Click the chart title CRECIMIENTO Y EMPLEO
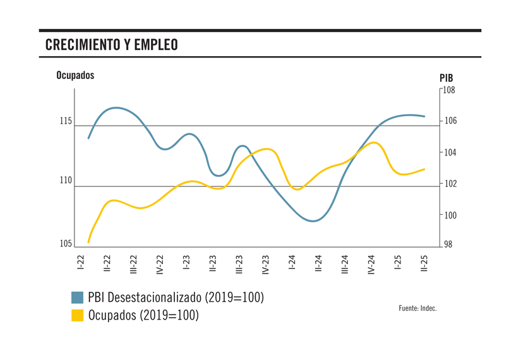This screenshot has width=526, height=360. point(112,45)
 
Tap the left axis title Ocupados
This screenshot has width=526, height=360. point(75,75)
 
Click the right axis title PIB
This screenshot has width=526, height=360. point(446,78)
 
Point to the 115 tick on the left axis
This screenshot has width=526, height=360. point(66,121)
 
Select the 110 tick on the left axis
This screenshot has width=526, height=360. point(66,181)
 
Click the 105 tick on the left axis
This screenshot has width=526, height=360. point(66,244)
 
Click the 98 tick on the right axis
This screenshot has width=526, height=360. point(448,246)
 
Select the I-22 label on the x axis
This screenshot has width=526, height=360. point(81,263)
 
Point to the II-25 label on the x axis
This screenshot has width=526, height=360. point(424,264)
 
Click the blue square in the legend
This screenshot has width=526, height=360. point(78,297)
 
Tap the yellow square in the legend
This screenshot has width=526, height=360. point(78,315)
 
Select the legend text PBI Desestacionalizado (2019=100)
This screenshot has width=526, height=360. point(176,297)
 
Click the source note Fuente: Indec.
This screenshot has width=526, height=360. point(417,308)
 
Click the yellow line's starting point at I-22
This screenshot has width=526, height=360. point(88,242)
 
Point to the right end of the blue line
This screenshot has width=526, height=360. point(424,116)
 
